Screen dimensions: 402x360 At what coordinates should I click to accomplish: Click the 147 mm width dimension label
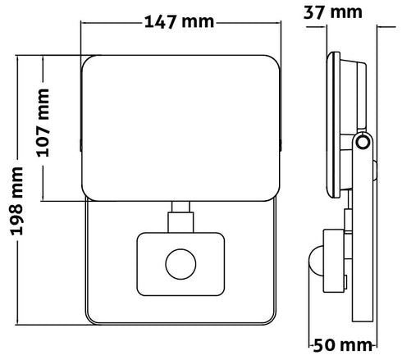(179, 22)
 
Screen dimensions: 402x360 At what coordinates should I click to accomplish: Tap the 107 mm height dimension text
(43, 123)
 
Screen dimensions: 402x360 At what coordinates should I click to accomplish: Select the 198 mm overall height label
(16, 201)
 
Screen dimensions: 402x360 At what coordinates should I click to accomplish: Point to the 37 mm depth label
(333, 12)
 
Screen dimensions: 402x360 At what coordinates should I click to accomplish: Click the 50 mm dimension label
(343, 345)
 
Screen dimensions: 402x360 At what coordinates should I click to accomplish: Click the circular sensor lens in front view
(180, 264)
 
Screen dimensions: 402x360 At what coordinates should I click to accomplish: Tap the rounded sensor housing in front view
(180, 264)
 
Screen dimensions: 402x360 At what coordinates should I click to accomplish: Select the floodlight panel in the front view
(180, 128)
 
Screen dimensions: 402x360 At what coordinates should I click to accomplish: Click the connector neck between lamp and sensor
(180, 217)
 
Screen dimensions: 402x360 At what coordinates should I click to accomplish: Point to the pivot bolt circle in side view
(363, 142)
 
